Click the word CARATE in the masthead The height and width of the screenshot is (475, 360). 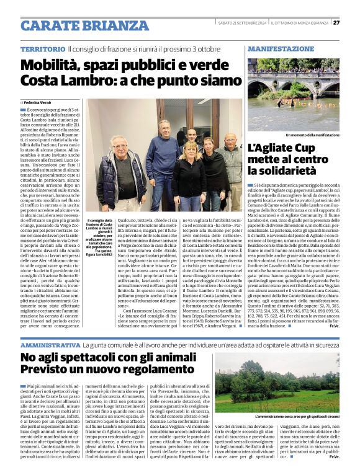coord(50,25)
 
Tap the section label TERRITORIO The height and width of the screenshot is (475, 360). coord(43,49)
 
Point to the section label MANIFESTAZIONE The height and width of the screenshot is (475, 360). coord(281,48)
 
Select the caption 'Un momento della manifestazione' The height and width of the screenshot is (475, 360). coord(312,135)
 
